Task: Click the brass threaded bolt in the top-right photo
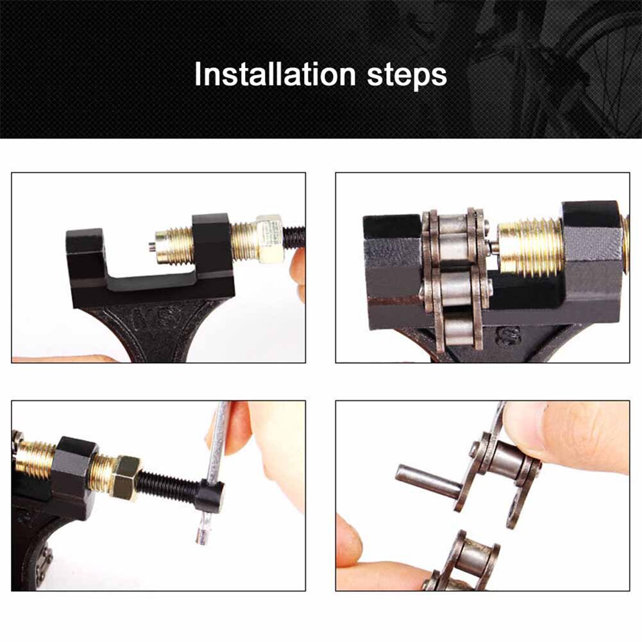coord(529,247)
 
